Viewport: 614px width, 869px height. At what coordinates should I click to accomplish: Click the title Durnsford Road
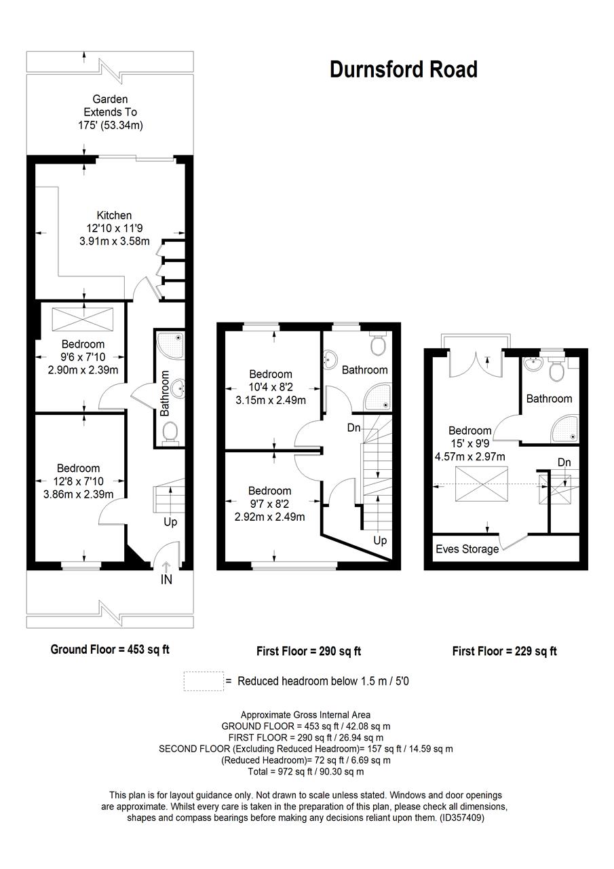(403, 69)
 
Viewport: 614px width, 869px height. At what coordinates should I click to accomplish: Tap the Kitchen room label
(113, 215)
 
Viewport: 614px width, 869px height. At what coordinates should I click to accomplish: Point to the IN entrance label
(166, 580)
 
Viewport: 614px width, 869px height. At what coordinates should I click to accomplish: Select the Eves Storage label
(467, 549)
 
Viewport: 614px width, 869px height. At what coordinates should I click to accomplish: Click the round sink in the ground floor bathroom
(178, 389)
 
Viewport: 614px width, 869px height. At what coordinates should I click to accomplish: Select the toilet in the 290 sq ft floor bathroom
(378, 344)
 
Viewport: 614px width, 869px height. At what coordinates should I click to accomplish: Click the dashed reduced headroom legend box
(204, 680)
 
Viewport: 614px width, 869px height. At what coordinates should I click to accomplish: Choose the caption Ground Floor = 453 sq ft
(110, 649)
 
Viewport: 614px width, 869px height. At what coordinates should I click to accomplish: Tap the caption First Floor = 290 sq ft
(309, 651)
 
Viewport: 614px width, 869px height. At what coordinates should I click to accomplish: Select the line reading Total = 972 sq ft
(307, 772)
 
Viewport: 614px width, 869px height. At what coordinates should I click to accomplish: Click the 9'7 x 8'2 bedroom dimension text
(270, 503)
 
